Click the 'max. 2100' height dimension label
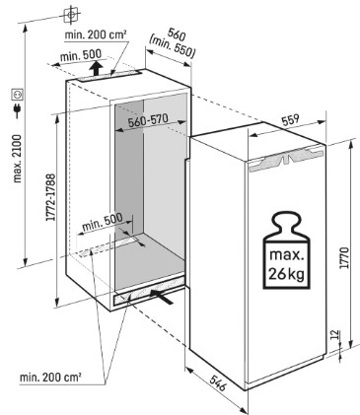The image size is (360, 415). (x=17, y=158)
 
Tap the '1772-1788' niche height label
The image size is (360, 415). (x=50, y=197)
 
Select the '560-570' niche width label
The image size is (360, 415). (x=148, y=121)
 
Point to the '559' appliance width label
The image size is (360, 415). (x=290, y=119)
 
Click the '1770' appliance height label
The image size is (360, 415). (x=344, y=257)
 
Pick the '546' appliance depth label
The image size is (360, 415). (x=217, y=383)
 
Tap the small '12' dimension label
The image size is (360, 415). (x=333, y=335)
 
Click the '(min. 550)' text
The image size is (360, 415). (x=172, y=46)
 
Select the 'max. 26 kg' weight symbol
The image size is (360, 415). (x=286, y=251)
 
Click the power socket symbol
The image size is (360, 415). (x=17, y=95)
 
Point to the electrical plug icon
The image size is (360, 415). (x=17, y=110)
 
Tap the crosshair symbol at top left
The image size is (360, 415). (x=72, y=15)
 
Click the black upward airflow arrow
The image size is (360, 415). (x=96, y=68)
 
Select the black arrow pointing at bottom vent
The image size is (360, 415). (x=162, y=296)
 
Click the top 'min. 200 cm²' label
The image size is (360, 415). (x=96, y=35)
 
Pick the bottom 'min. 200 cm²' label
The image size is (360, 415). (x=51, y=378)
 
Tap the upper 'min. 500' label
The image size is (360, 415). (x=81, y=56)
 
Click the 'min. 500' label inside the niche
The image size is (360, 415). (x=103, y=222)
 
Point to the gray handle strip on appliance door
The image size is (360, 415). (x=286, y=159)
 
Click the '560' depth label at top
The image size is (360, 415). (x=177, y=34)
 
